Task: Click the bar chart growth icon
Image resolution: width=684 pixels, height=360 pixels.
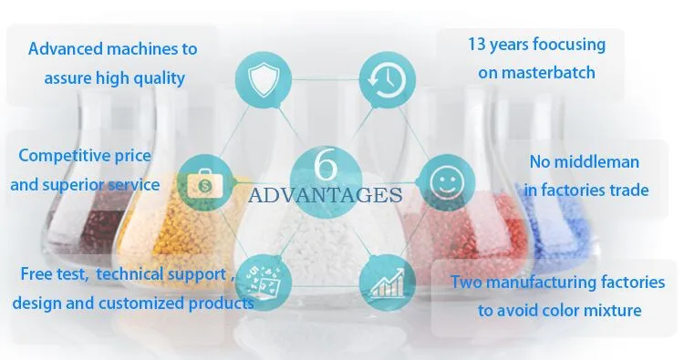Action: click(384, 282)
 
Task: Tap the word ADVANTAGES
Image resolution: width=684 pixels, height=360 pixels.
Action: click(325, 194)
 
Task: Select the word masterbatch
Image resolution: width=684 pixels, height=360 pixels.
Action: click(536, 71)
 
